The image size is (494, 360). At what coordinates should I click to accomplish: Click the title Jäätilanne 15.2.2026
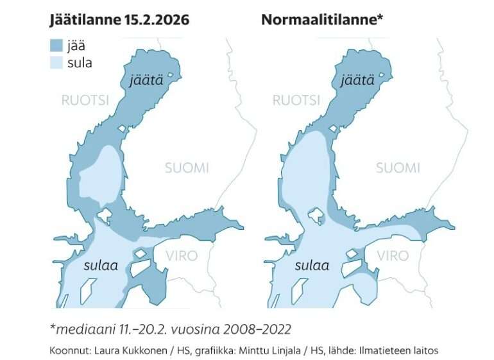coord(120,19)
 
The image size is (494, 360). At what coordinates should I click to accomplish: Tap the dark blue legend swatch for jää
coord(57,45)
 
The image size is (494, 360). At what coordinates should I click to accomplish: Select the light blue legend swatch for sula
coord(57,62)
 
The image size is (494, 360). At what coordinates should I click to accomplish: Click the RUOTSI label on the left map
coord(84,100)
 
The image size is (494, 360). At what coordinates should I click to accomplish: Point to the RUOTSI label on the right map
coord(296,100)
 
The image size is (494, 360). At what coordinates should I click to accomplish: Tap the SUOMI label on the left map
coord(187,168)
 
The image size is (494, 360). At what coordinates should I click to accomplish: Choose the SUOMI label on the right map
coord(398,168)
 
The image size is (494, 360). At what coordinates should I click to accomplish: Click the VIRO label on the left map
coord(182,255)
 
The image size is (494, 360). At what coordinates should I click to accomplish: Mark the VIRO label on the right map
coord(393,255)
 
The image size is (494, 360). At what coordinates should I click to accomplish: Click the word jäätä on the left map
coord(145,81)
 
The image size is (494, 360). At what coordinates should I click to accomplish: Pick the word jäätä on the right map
coord(357,81)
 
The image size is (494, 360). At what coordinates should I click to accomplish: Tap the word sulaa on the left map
coord(101,265)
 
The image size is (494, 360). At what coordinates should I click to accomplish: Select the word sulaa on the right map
coord(312,265)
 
